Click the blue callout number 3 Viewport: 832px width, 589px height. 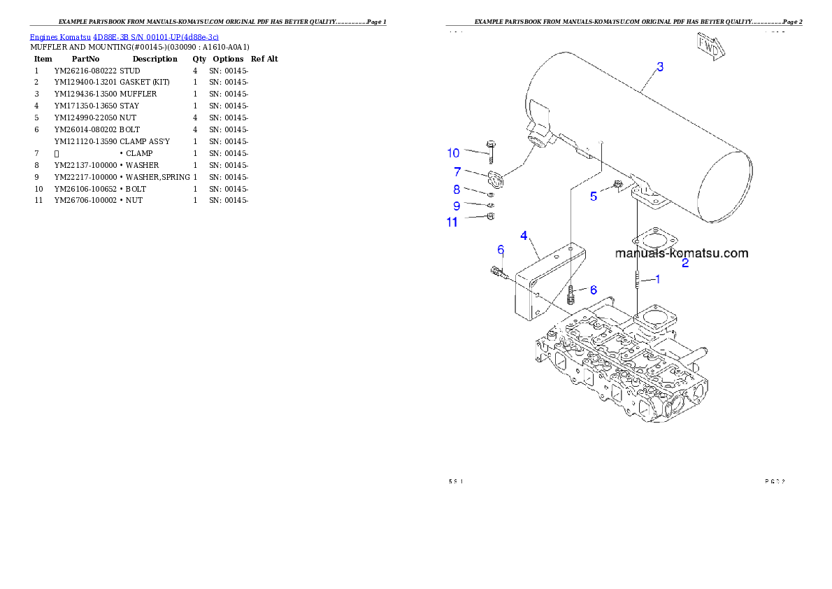[x=660, y=67]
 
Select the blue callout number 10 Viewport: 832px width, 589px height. [x=454, y=153]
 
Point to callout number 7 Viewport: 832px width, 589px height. [x=457, y=171]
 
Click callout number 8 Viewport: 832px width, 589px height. [x=457, y=189]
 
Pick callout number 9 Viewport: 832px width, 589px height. [x=457, y=206]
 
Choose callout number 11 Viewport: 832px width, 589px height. [x=452, y=222]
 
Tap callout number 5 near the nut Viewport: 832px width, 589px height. [x=594, y=197]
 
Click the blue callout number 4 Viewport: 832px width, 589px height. [x=524, y=236]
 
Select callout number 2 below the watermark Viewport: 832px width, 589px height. [x=685, y=264]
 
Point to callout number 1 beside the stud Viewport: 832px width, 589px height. [x=657, y=278]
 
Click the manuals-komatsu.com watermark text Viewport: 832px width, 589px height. [x=682, y=253]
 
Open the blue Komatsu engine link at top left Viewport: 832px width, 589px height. [x=124, y=36]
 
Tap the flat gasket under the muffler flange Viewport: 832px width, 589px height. [x=654, y=238]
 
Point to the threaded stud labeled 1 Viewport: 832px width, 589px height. [x=638, y=279]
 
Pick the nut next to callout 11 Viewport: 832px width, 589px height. [x=490, y=217]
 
